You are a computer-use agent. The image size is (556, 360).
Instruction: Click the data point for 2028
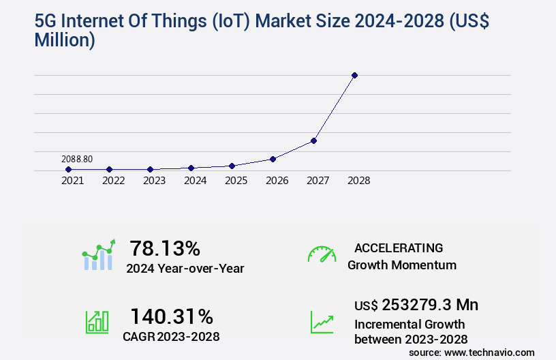click(354, 75)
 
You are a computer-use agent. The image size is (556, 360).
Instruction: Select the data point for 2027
click(313, 140)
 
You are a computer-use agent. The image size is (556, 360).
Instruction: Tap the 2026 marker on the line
click(273, 159)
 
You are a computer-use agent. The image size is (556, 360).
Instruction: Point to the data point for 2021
click(69, 169)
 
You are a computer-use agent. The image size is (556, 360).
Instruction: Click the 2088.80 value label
click(77, 159)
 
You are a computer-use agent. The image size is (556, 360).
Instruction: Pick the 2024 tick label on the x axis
click(195, 181)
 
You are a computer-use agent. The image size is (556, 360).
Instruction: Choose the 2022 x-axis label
click(113, 181)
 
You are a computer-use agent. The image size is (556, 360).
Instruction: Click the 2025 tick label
click(236, 181)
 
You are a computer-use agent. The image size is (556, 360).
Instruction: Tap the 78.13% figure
click(165, 247)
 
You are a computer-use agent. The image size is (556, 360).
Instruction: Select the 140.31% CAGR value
click(172, 316)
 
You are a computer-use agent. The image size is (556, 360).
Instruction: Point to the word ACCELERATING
click(399, 248)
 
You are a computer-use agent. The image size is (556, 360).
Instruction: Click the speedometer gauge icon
click(322, 254)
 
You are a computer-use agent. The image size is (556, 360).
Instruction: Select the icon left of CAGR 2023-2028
click(97, 322)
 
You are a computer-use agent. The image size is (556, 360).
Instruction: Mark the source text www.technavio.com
click(489, 352)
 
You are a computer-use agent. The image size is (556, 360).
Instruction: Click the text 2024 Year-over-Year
click(185, 269)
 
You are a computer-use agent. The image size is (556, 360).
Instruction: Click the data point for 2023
click(151, 169)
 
